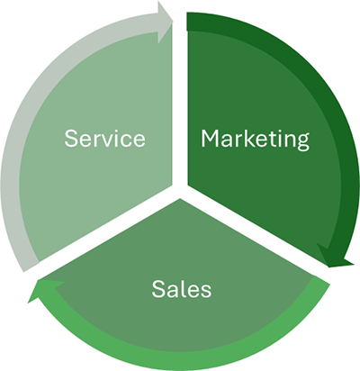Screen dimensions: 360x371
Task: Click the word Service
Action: tap(105, 139)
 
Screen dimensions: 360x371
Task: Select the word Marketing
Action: tap(255, 140)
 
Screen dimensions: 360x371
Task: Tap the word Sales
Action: tap(182, 289)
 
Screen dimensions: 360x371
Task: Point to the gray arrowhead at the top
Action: tap(165, 22)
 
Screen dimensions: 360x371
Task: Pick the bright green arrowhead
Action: tap(45, 290)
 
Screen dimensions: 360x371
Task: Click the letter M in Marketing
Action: tap(210, 139)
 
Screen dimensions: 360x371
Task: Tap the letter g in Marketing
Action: tap(301, 142)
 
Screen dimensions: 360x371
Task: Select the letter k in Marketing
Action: tap(246, 138)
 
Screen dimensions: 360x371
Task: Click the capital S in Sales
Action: tap(158, 289)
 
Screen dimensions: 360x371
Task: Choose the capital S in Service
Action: tap(71, 139)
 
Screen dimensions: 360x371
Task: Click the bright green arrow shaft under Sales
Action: tap(180, 360)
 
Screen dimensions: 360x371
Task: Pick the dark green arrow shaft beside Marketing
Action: tap(342, 120)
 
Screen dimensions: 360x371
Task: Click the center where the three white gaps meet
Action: tap(180, 190)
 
